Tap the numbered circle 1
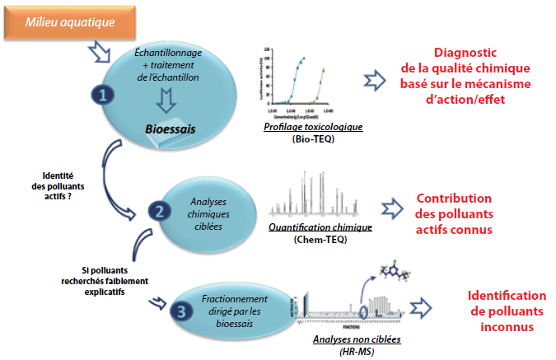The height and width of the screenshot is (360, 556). (x=105, y=95)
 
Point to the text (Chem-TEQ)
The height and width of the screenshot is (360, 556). (x=313, y=240)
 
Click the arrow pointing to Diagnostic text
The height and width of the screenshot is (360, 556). (x=375, y=78)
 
